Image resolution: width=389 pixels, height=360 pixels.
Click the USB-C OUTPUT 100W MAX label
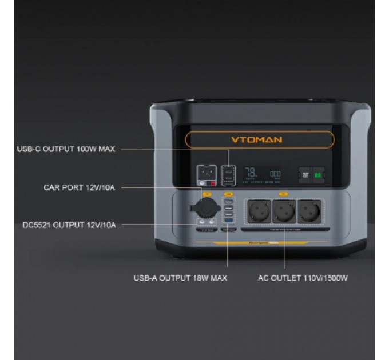(66, 149)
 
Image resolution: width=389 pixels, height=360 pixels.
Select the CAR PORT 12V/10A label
(80, 187)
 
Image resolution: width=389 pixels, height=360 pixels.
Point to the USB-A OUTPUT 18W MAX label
(181, 278)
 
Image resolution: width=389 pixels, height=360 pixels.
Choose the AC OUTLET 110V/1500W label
(303, 278)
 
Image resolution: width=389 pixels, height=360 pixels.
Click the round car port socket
(206, 208)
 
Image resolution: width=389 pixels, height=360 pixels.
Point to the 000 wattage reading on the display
(275, 174)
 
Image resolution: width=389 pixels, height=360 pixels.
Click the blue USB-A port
(229, 220)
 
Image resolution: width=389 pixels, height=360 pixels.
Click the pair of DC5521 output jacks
(206, 222)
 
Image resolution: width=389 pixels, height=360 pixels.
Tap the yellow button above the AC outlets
(283, 194)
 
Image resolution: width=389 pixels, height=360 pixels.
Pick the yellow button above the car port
(206, 195)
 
